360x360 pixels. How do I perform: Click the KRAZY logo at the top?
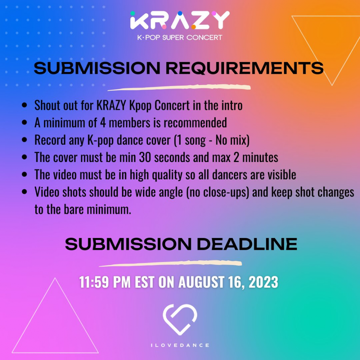point(180,20)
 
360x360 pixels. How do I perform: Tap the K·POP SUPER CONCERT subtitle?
point(180,37)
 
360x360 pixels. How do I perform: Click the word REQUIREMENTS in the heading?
point(244,68)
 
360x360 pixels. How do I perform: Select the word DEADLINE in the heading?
point(247,244)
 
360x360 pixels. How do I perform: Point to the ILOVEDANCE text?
point(180,345)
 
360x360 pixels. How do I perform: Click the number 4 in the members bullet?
point(103,123)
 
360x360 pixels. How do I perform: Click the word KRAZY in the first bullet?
point(111,105)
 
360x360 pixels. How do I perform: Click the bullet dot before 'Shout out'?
point(24,105)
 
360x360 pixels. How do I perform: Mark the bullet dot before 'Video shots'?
point(24,192)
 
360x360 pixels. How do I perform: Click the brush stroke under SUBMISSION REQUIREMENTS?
point(179,87)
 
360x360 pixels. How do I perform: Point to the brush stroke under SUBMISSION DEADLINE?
point(170,264)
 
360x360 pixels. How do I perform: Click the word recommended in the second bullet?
point(195,123)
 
